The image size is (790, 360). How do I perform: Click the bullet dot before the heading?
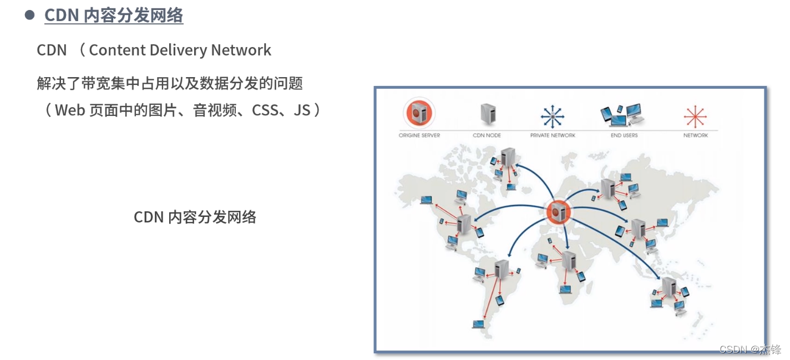30,16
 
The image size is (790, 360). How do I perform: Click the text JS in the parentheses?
302,110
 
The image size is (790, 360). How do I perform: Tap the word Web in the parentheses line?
70,110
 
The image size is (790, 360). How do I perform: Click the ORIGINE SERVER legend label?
419,135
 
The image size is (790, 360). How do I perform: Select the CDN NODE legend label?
487,135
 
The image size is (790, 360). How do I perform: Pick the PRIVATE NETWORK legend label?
553,135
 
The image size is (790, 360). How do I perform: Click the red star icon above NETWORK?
695,116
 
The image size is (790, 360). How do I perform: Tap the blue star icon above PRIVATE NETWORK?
553,116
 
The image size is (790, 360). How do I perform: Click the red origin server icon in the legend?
419,113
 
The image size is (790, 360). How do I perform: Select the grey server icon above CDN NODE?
487,114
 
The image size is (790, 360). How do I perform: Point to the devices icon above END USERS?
622,114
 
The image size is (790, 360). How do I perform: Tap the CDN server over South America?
503,270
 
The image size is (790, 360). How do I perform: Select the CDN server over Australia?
669,287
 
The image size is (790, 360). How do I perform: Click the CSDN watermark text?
750,349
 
